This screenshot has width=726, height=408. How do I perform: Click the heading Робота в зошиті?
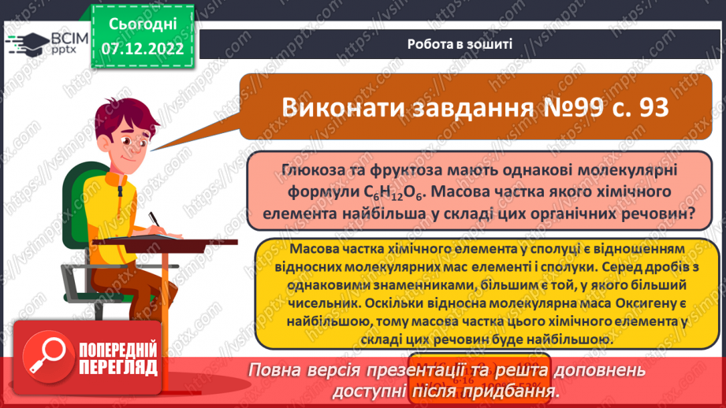(460, 44)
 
